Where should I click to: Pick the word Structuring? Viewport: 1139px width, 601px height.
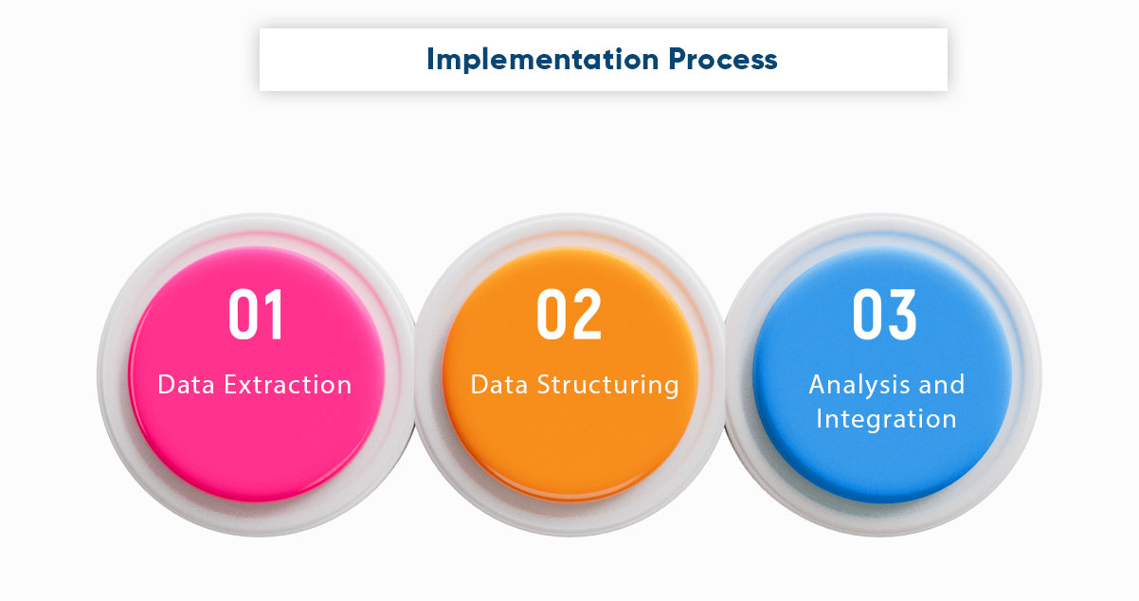pos(608,385)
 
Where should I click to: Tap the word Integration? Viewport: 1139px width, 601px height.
pos(886,418)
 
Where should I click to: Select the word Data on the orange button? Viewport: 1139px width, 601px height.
pos(499,385)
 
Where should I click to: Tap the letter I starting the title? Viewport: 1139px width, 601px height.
pos(431,59)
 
